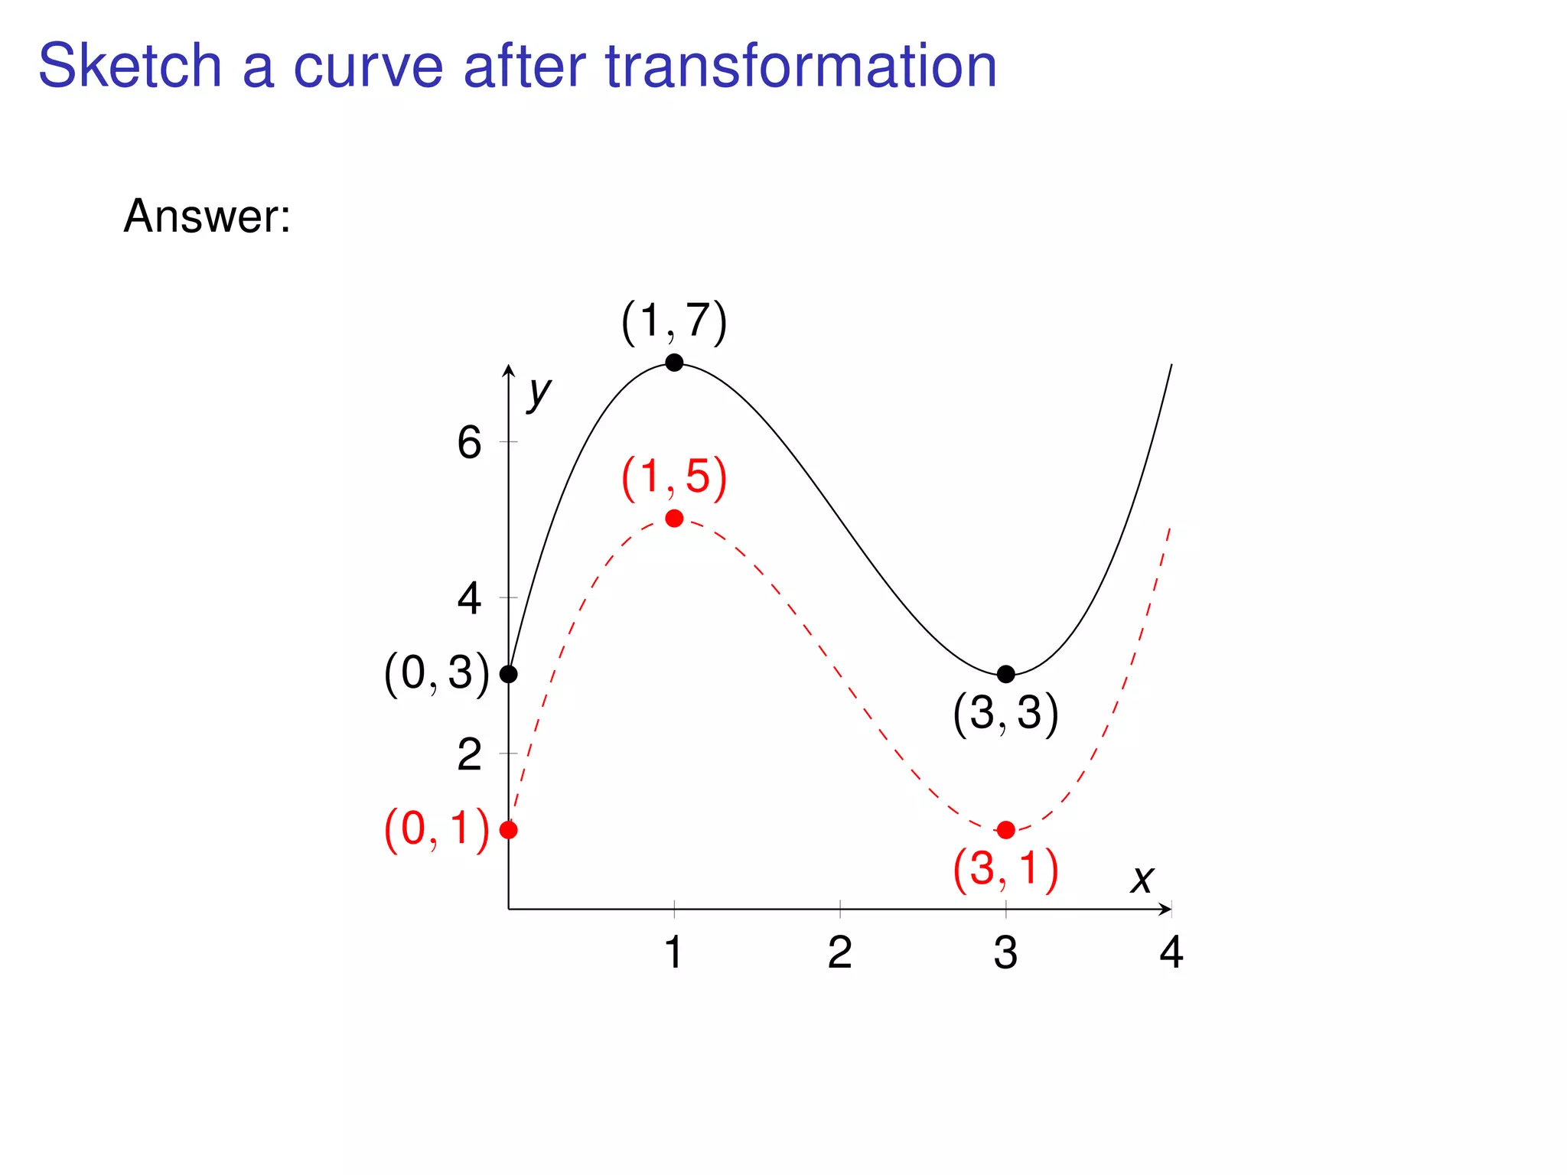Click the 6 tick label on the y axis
click(x=469, y=443)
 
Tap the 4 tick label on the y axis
click(x=469, y=598)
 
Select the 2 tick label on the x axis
click(x=839, y=953)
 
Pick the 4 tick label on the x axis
click(x=1171, y=953)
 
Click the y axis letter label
click(x=539, y=393)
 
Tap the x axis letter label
click(x=1142, y=879)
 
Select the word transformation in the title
click(x=801, y=66)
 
